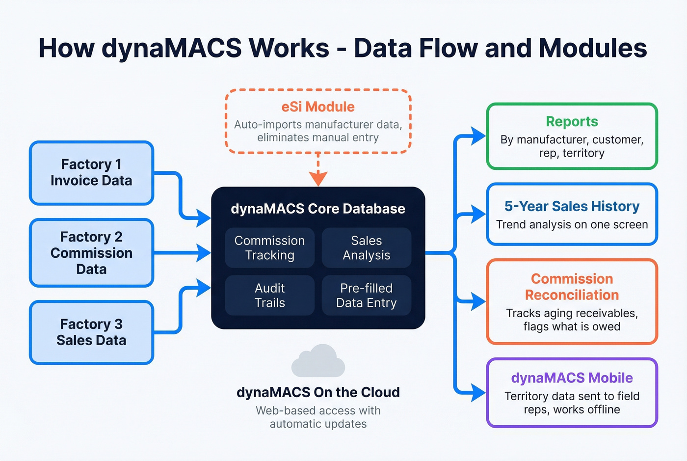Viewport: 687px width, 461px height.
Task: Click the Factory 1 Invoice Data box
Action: tap(91, 173)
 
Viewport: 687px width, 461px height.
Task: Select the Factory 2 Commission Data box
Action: tap(91, 253)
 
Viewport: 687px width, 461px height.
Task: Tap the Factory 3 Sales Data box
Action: tap(91, 332)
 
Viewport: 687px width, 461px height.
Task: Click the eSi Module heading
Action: tap(318, 107)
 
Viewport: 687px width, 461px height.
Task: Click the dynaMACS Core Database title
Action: tap(318, 209)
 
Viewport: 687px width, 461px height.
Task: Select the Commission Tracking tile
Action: tap(269, 248)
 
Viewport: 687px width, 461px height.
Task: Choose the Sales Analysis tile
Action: tap(366, 248)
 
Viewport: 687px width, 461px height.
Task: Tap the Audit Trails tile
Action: tap(269, 295)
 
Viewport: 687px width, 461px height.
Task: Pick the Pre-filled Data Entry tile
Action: tap(366, 295)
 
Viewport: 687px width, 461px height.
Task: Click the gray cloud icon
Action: tap(318, 361)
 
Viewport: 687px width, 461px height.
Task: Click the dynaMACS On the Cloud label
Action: tap(318, 392)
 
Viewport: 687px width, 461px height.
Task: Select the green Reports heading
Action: tap(572, 122)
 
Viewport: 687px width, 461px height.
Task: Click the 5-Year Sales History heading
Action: tap(572, 206)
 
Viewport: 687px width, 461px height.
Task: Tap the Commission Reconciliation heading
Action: tap(572, 287)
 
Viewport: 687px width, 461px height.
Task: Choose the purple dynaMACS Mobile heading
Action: tap(572, 378)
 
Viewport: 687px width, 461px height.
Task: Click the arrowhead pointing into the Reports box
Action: tap(478, 136)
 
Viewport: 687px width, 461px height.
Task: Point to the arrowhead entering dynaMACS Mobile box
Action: tap(478, 393)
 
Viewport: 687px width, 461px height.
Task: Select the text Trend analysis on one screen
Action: tap(572, 225)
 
